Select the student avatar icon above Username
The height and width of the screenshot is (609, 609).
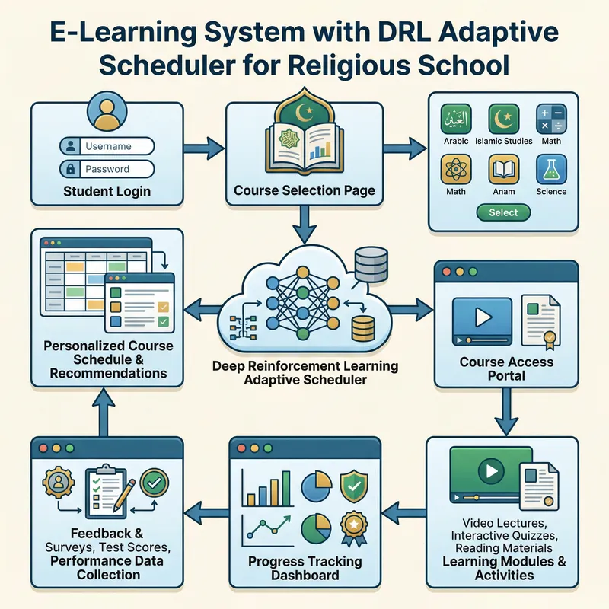click(x=107, y=112)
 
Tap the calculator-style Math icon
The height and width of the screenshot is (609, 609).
click(x=551, y=120)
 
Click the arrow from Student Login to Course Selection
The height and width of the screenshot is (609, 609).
click(x=204, y=145)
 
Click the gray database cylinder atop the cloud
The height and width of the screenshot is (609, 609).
click(x=371, y=262)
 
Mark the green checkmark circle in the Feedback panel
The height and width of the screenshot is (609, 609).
click(x=155, y=482)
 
